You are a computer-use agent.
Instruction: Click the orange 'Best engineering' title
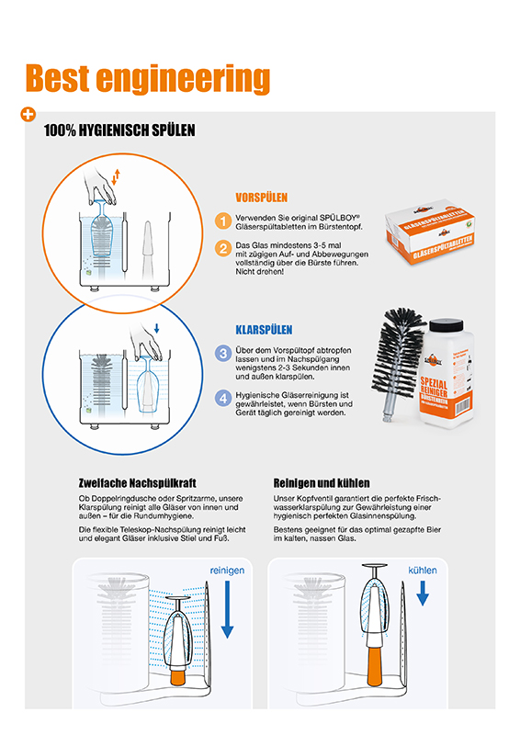(x=147, y=79)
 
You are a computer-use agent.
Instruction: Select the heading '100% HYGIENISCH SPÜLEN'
(x=119, y=131)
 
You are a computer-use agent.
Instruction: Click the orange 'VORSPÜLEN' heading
(x=262, y=198)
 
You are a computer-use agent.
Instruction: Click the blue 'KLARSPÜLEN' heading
(x=265, y=329)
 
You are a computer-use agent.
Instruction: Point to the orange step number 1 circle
(x=223, y=220)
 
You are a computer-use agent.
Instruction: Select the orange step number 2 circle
(x=223, y=248)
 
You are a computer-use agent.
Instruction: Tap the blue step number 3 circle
(x=223, y=353)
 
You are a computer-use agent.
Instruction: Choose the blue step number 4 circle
(x=223, y=399)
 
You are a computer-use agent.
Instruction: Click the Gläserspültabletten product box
(x=436, y=238)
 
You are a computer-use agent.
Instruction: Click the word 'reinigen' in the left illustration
(x=228, y=571)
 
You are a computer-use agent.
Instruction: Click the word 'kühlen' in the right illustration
(x=423, y=571)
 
